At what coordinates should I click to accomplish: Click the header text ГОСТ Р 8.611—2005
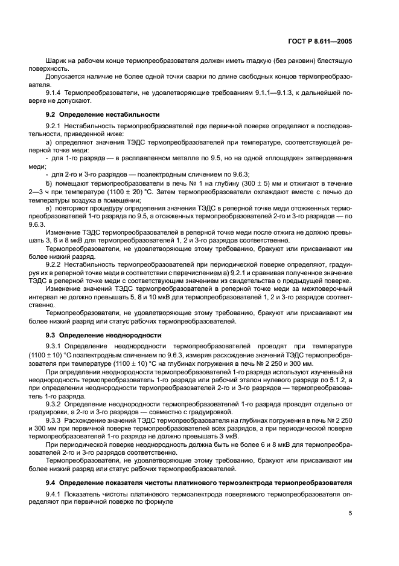(322, 41)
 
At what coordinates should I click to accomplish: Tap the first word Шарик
(55, 61)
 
